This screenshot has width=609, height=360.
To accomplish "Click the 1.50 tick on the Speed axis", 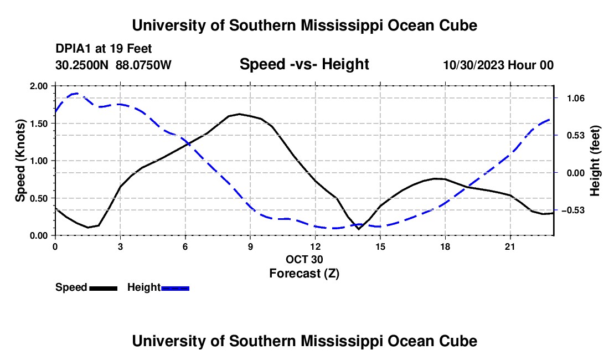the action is (x=38, y=124).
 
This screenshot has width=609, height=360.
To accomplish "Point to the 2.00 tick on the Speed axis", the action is (x=38, y=86).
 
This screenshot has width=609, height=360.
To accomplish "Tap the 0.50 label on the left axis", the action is (x=38, y=198).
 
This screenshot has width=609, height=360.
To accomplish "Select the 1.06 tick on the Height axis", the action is (x=576, y=98).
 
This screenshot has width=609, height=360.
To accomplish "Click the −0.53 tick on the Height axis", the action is (x=573, y=210).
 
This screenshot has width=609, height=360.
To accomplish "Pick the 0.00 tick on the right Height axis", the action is (x=576, y=173).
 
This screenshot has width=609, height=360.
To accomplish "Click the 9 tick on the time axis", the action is (x=250, y=246).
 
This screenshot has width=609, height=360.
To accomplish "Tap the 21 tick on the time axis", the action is (x=510, y=246).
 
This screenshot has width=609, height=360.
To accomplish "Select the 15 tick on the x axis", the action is (x=380, y=246).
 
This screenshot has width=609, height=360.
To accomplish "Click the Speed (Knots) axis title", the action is (x=20, y=161).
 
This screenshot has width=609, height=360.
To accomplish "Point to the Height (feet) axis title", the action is (x=595, y=161).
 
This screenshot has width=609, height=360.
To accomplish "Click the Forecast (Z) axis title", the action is (x=304, y=274).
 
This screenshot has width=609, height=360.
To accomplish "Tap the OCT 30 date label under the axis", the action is (x=304, y=259).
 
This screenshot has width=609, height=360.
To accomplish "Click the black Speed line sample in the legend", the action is (x=104, y=288).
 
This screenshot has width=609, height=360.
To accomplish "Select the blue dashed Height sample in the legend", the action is (x=175, y=288).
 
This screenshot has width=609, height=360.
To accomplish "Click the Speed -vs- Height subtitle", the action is (x=304, y=64).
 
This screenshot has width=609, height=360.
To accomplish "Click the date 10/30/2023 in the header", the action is (x=474, y=65).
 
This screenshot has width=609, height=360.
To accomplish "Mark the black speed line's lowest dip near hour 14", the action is (x=359, y=229).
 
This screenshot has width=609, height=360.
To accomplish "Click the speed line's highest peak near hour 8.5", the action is (x=239, y=114).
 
